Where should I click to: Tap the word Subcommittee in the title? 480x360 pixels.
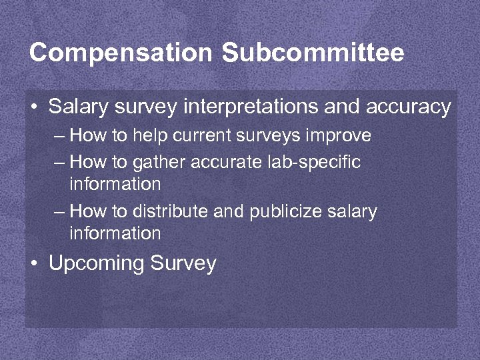click(x=313, y=53)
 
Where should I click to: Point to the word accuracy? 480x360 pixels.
click(x=408, y=107)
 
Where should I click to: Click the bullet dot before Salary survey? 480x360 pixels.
click(x=33, y=107)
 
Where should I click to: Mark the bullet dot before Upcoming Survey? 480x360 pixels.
click(x=33, y=263)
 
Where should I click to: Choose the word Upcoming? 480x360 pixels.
click(x=97, y=263)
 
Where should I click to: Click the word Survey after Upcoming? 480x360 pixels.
click(x=183, y=263)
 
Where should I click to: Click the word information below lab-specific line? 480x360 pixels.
click(x=115, y=183)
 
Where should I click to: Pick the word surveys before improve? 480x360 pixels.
click(x=269, y=136)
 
